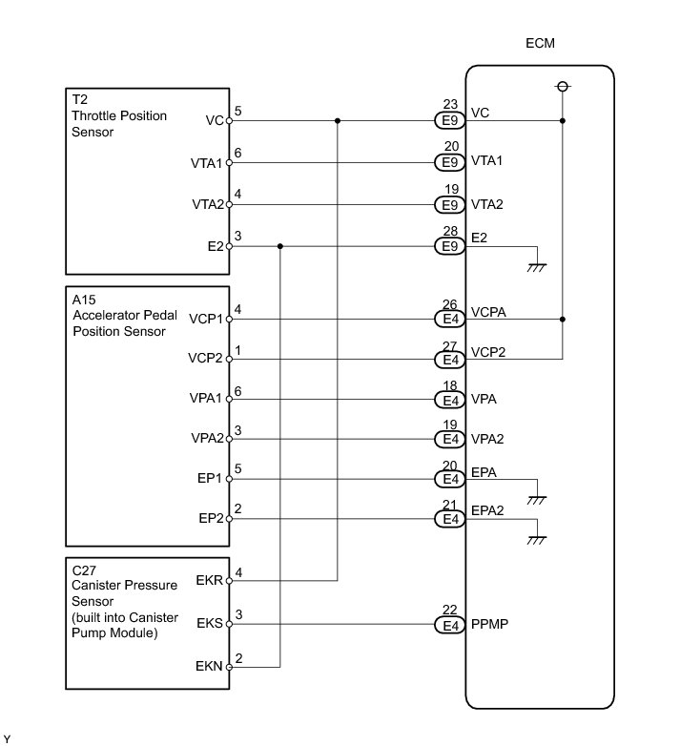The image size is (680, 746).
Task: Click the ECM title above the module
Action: tap(540, 44)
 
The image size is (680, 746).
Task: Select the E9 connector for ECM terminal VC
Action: tap(448, 122)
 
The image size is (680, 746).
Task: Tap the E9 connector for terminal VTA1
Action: tap(448, 163)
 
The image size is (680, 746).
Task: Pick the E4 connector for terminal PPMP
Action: tap(448, 626)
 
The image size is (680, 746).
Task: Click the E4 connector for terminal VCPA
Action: tap(448, 320)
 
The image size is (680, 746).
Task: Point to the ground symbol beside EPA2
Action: tap(537, 539)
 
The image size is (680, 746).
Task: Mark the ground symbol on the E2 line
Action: tap(537, 268)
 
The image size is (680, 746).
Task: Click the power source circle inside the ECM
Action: tap(563, 88)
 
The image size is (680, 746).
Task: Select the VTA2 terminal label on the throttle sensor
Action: tap(206, 204)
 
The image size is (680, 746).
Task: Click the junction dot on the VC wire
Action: tap(338, 121)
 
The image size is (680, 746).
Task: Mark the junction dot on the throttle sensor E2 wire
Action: tap(279, 246)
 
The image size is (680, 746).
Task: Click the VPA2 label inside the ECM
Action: tap(487, 440)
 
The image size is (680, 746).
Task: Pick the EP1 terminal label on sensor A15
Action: tap(212, 480)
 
